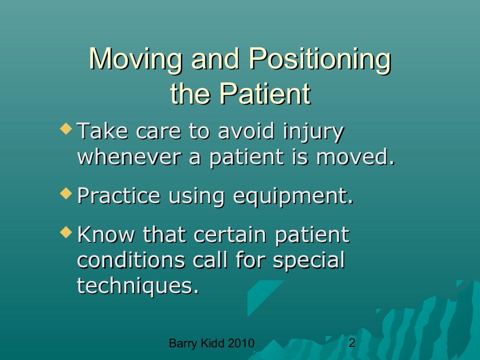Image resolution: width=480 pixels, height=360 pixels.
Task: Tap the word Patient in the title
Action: pos(265,94)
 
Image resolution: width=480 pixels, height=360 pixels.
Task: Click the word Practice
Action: pos(119,196)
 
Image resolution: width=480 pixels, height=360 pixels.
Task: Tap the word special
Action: pos(308,261)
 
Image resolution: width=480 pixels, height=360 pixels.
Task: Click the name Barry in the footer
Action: pos(180,345)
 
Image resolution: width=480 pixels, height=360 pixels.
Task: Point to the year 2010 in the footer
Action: pos(241,345)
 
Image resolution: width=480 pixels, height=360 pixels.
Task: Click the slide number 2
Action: pos(352,344)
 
